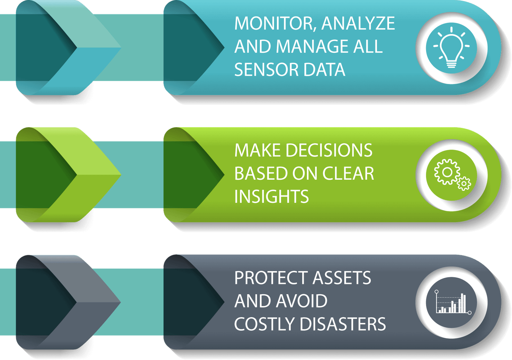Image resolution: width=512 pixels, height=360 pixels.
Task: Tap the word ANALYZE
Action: coord(358,24)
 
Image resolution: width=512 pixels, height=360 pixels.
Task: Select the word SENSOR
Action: coord(266,70)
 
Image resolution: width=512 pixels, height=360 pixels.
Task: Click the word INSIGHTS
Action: coord(271,197)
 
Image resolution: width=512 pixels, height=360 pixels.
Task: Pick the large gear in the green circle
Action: coord(447,172)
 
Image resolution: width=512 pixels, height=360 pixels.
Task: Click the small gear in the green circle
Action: coord(464,184)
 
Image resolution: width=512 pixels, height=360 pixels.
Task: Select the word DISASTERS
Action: coord(343,324)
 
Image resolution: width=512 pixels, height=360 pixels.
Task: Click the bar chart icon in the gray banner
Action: coord(452,302)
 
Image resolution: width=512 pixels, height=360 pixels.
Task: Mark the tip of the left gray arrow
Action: coord(120,302)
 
